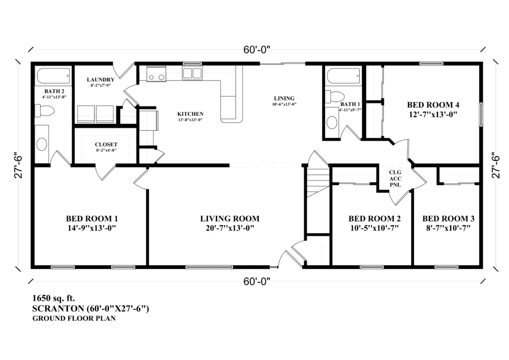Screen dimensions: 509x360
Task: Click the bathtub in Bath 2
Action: [53, 76]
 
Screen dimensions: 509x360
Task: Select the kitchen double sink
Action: [192, 73]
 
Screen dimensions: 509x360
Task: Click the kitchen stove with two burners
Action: [156, 75]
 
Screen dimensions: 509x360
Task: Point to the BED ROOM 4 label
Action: [433, 105]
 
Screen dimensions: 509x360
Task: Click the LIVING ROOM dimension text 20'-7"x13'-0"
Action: [230, 228]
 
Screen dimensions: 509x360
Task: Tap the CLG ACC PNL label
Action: [395, 179]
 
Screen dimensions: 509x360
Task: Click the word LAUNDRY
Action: [100, 80]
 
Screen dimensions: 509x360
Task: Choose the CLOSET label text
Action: [106, 145]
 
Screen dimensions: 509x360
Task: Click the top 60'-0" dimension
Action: [257, 50]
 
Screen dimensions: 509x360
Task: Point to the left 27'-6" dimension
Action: [18, 166]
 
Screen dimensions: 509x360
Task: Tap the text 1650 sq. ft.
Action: [54, 298]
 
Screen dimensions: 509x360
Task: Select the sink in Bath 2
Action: [42, 144]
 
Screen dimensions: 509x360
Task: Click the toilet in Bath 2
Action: [44, 110]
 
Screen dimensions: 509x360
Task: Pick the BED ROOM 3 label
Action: [448, 218]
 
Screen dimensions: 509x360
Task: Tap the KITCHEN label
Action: [190, 114]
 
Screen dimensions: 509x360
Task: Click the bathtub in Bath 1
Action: [343, 76]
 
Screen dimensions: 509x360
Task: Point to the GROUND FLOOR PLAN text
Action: [74, 318]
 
